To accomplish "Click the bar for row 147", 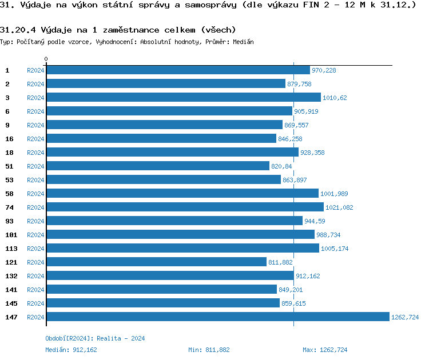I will [217, 317].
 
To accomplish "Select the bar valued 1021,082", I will [185, 207].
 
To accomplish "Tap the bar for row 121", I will [156, 262].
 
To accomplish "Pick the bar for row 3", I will [183, 98].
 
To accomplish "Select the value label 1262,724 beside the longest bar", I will [405, 317].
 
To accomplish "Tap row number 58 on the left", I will [10, 194].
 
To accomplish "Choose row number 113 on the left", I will [11, 249].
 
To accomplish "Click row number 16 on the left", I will [10, 139].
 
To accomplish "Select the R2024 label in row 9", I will [35, 125].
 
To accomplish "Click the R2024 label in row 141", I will [35, 290].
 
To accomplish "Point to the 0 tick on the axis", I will [46, 59].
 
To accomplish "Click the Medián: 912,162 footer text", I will [71, 350].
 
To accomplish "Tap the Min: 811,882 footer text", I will [209, 350].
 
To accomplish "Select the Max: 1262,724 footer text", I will [325, 350].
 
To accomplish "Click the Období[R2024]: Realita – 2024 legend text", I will [95, 338].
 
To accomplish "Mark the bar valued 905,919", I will [169, 111].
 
